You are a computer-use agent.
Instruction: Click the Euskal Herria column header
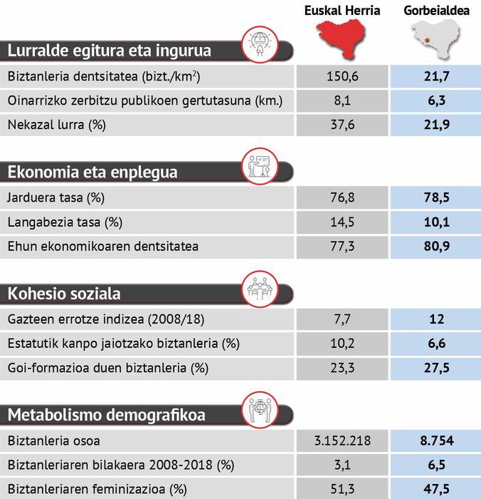tap(342, 10)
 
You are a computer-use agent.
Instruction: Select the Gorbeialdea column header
tap(435, 10)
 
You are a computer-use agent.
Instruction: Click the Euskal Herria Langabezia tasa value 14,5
tap(342, 222)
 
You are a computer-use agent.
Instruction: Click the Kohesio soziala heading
tap(64, 294)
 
